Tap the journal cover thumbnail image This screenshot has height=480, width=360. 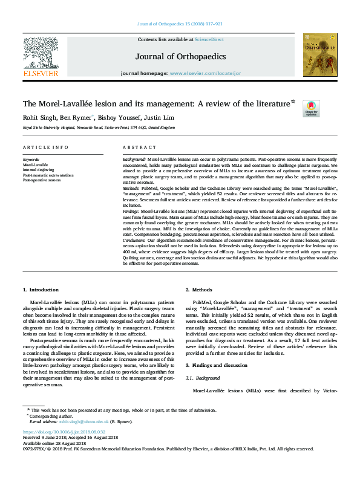(x=320, y=54)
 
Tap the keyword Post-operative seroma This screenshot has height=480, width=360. (x=42, y=180)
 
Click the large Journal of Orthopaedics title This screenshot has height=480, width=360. (x=180, y=56)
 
